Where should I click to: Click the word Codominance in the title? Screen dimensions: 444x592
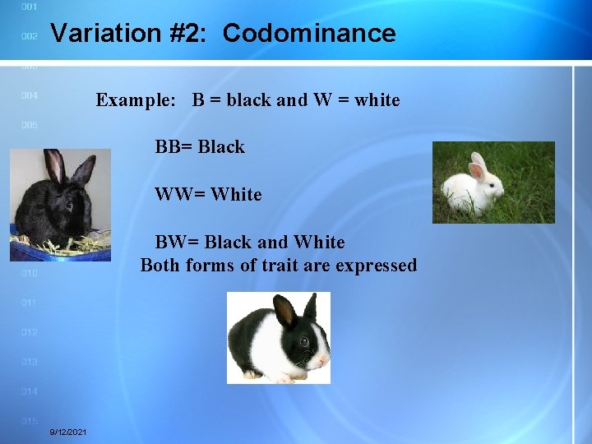309,34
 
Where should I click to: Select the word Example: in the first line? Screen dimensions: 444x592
136,100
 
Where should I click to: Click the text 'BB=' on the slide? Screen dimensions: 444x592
173,147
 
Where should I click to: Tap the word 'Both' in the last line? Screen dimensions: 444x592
160,266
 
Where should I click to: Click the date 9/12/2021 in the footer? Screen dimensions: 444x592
69,432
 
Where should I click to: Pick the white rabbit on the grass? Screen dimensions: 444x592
493,183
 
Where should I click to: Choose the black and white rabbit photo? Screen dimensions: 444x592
279,338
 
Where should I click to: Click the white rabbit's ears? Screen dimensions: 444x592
477,165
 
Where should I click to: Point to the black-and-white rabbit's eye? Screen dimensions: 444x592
304,341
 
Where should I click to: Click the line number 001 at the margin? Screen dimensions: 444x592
29,7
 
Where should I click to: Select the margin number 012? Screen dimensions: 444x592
29,332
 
